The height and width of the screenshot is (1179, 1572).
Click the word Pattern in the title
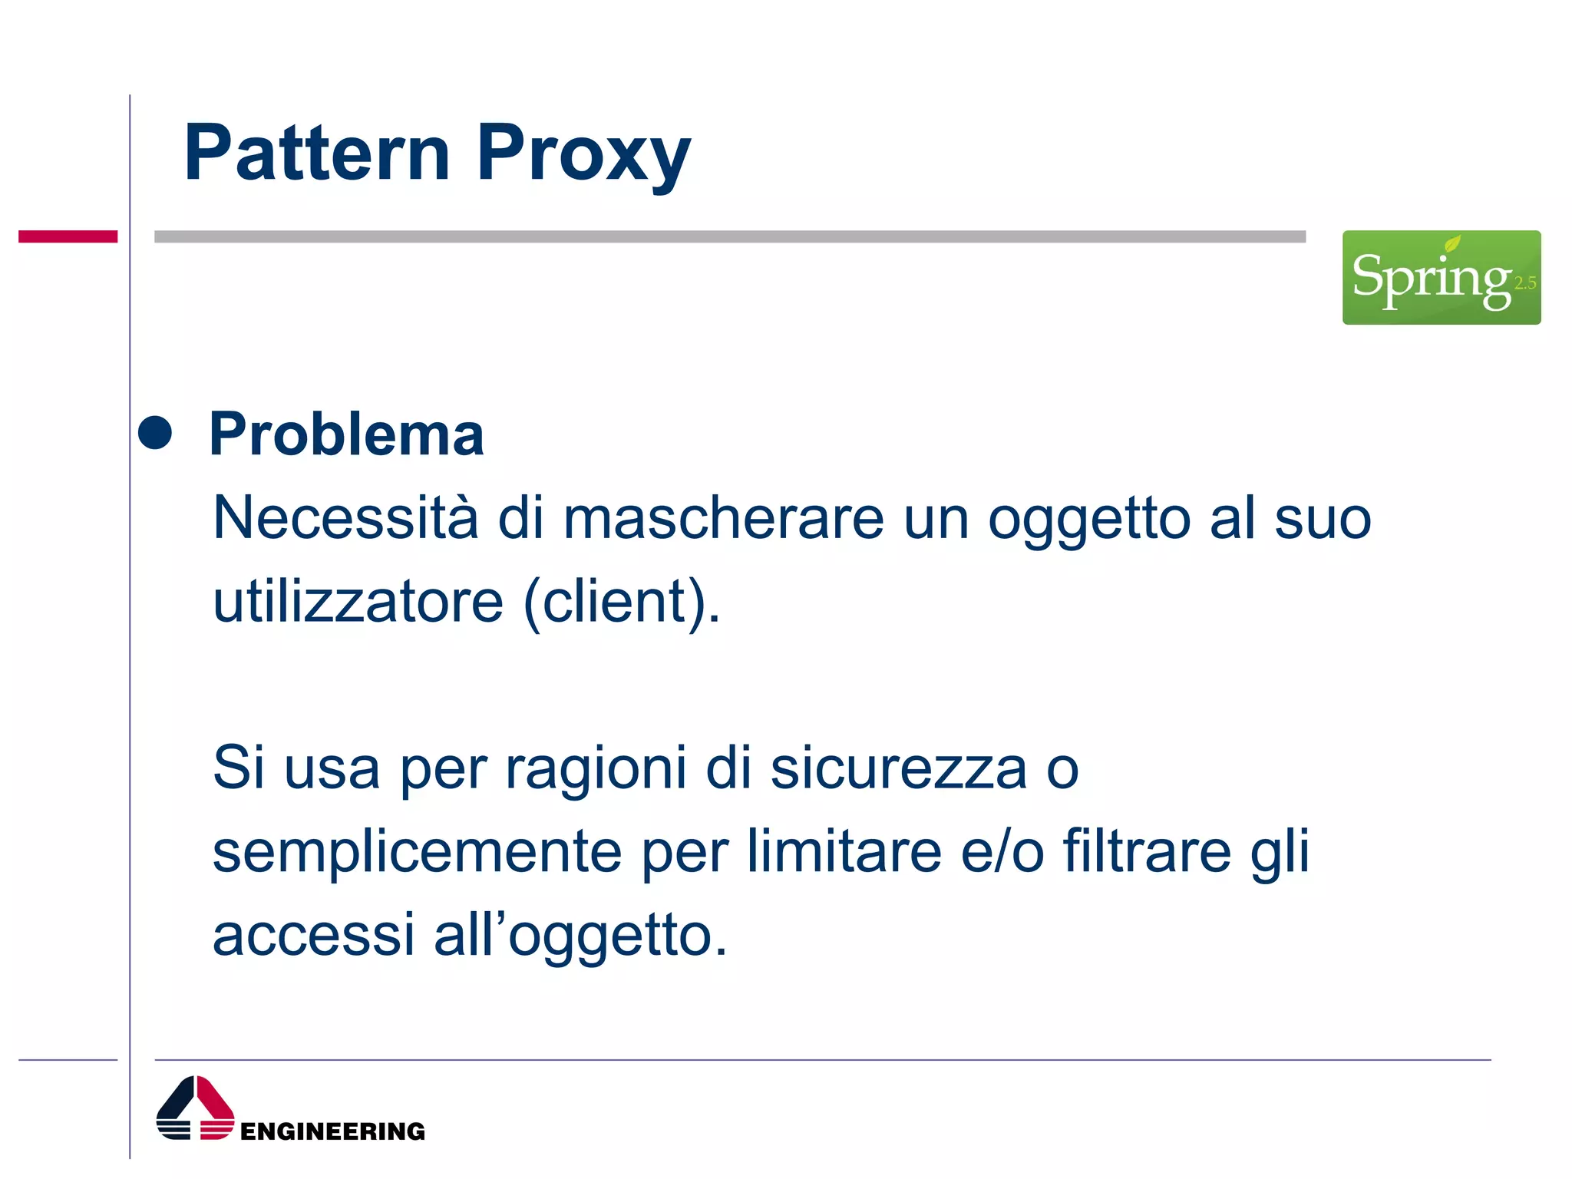coord(316,154)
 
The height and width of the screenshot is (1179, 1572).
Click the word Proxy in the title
coord(583,154)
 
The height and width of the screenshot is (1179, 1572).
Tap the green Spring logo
coord(1440,278)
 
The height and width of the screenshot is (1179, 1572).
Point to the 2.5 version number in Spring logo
coord(1524,283)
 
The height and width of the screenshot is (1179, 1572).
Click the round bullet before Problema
coord(155,432)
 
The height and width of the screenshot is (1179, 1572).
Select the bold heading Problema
coord(346,434)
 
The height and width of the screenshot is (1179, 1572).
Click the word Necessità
coord(345,518)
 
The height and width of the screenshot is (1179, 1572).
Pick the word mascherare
coord(723,518)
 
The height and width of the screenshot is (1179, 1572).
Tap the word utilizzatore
coord(358,601)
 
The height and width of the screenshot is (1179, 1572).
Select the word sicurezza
coord(898,768)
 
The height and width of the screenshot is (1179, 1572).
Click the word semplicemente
coord(417,851)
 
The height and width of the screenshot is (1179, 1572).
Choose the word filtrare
coord(1147,851)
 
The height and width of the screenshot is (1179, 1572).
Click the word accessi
coord(313,935)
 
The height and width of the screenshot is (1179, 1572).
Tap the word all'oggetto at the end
coord(580,935)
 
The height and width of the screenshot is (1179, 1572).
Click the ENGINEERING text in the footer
coord(332,1131)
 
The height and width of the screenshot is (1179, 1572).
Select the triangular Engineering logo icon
coord(195,1108)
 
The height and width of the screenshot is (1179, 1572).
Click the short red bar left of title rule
coord(68,236)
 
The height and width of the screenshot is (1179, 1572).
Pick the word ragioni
coord(595,768)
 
